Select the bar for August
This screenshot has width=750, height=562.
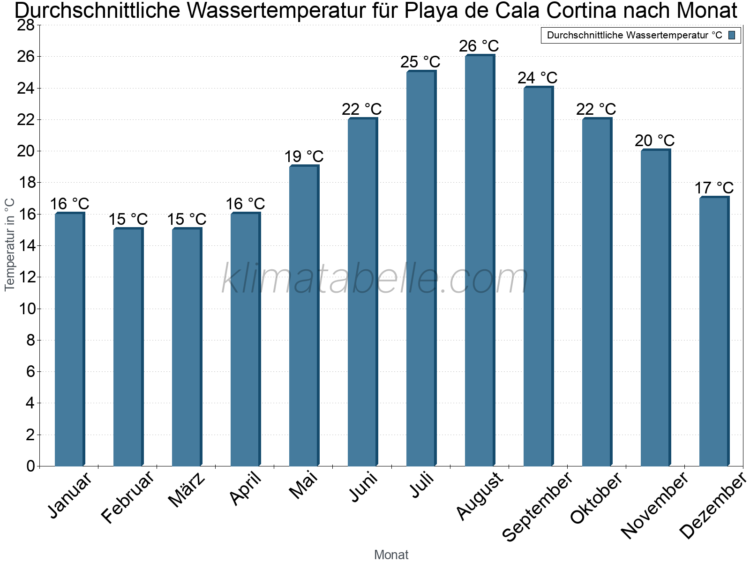(480, 260)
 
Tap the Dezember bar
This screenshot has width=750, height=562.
(714, 331)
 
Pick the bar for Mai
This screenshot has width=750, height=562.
(304, 315)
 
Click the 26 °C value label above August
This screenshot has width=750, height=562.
(479, 46)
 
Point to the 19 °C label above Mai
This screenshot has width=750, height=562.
(304, 156)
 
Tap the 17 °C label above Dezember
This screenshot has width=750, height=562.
(714, 188)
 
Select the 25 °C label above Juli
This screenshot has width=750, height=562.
(420, 62)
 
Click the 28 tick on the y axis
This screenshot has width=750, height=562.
(26, 25)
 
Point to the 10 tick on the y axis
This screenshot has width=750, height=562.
(26, 309)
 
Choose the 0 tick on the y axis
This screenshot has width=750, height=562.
(31, 466)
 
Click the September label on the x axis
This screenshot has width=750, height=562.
(538, 506)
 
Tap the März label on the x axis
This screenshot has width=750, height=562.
(187, 489)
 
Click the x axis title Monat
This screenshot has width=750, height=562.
(391, 555)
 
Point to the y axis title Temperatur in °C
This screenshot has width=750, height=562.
(9, 245)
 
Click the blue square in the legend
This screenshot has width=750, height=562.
(732, 35)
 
